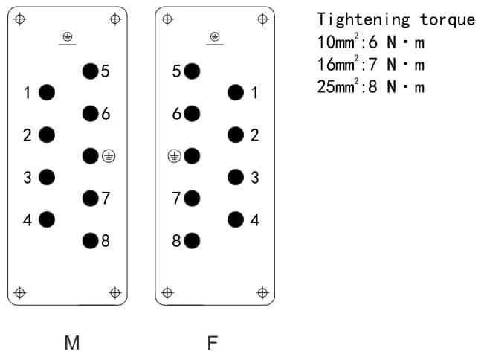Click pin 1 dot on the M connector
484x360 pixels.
[x=47, y=92]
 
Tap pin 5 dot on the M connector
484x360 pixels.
[x=90, y=71]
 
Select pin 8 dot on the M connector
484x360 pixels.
[x=90, y=240]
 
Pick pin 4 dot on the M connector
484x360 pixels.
[x=47, y=219]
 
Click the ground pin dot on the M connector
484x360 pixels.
[x=90, y=156]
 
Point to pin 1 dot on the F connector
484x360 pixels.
[x=236, y=92]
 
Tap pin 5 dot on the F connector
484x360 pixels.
[x=192, y=71]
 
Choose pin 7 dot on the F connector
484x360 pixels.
[x=192, y=199]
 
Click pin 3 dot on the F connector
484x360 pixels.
[x=236, y=177]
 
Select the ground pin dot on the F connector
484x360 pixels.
[x=192, y=156]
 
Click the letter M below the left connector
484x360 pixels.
[x=72, y=343]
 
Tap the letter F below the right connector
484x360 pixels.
[x=213, y=343]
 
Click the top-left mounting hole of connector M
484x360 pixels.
[x=20, y=19]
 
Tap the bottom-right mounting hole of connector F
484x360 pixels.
[x=262, y=292]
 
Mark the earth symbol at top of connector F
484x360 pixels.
[x=215, y=36]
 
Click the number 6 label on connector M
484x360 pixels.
[x=106, y=114]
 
